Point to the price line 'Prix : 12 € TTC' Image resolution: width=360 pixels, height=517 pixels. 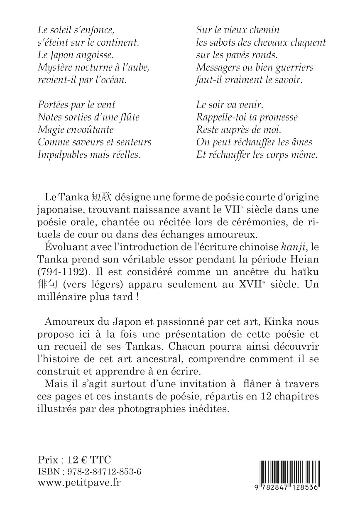74,460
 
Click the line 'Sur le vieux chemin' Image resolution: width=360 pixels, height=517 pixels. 238,29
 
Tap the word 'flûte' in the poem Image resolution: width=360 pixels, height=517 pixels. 128,117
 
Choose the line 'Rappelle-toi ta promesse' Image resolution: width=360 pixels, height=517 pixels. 247,117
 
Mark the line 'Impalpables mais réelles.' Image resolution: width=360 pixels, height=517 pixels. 89,154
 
